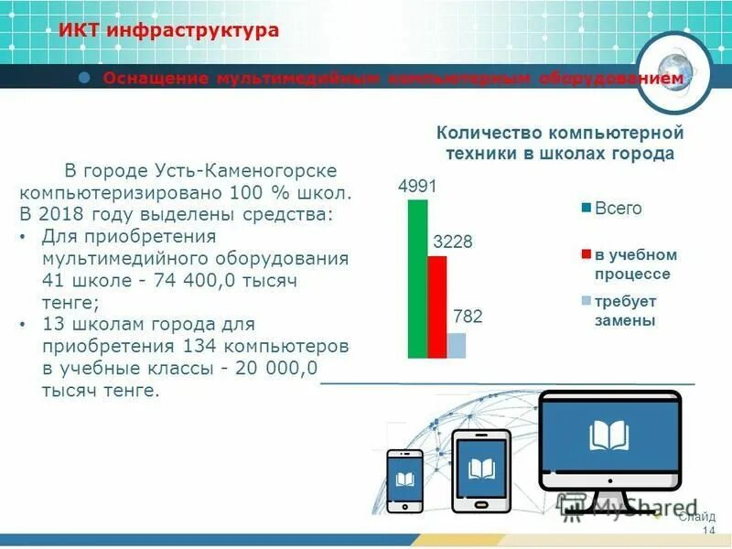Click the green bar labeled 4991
point(417,278)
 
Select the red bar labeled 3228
point(437,307)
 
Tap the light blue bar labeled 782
point(457,345)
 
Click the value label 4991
point(417,187)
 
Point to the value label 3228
point(452,242)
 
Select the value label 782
point(468,318)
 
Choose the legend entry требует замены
point(626,311)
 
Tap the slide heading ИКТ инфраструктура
point(168,31)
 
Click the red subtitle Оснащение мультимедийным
point(393,80)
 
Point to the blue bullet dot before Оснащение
point(84,78)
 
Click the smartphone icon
point(404,479)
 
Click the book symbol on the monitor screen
point(608,436)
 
